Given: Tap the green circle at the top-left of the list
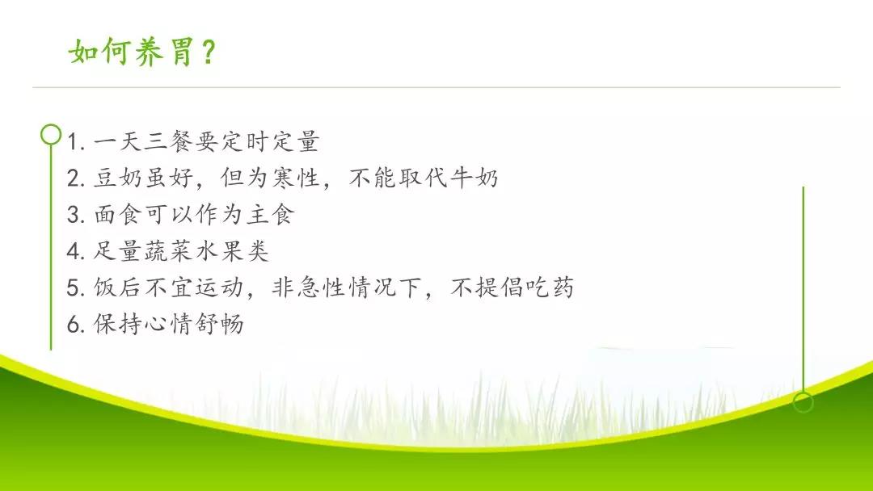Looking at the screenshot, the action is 51,134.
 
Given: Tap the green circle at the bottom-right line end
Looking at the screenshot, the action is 803,402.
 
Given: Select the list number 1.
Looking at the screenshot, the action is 74,142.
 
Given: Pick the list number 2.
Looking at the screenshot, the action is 75,178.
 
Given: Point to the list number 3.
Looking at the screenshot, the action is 75,215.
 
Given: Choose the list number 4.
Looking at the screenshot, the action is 75,251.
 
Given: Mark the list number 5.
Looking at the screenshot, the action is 75,287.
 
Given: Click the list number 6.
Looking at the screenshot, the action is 75,324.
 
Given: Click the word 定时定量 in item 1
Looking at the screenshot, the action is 271,141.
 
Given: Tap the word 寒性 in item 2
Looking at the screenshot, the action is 296,178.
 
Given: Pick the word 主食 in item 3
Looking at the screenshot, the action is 271,215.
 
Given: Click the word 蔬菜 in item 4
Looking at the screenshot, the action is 169,251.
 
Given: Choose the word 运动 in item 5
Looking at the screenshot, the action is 220,287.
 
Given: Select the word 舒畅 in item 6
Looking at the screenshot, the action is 220,324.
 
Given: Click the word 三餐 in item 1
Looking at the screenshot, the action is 169,141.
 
